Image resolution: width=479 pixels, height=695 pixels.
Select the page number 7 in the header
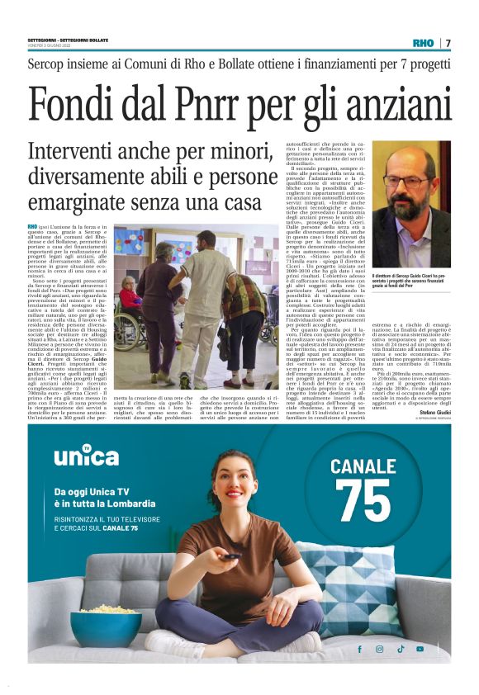click(448, 43)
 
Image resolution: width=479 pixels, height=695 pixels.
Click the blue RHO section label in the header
click(423, 43)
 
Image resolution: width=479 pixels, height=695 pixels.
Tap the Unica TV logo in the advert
click(86, 456)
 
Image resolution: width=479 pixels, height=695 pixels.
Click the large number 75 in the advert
click(363, 499)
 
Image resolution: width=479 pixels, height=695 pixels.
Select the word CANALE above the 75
click(363, 466)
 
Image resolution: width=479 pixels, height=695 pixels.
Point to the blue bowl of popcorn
click(105, 626)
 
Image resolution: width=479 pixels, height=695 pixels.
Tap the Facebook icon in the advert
click(359, 649)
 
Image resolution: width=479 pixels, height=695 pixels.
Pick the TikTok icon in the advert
click(400, 649)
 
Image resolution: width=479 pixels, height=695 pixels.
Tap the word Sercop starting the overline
click(50, 63)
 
